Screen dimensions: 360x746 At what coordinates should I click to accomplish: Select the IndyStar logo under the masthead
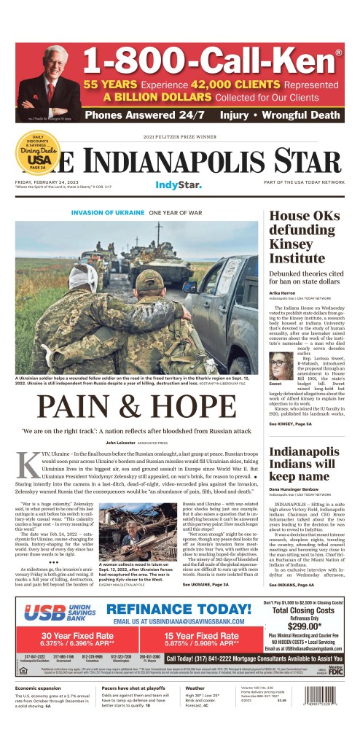pos(179,186)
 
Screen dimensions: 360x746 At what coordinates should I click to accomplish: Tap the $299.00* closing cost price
pos(305,626)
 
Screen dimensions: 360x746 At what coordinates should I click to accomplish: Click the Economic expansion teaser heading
pos(41,688)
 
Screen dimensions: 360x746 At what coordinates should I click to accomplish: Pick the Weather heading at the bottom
pos(195,688)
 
